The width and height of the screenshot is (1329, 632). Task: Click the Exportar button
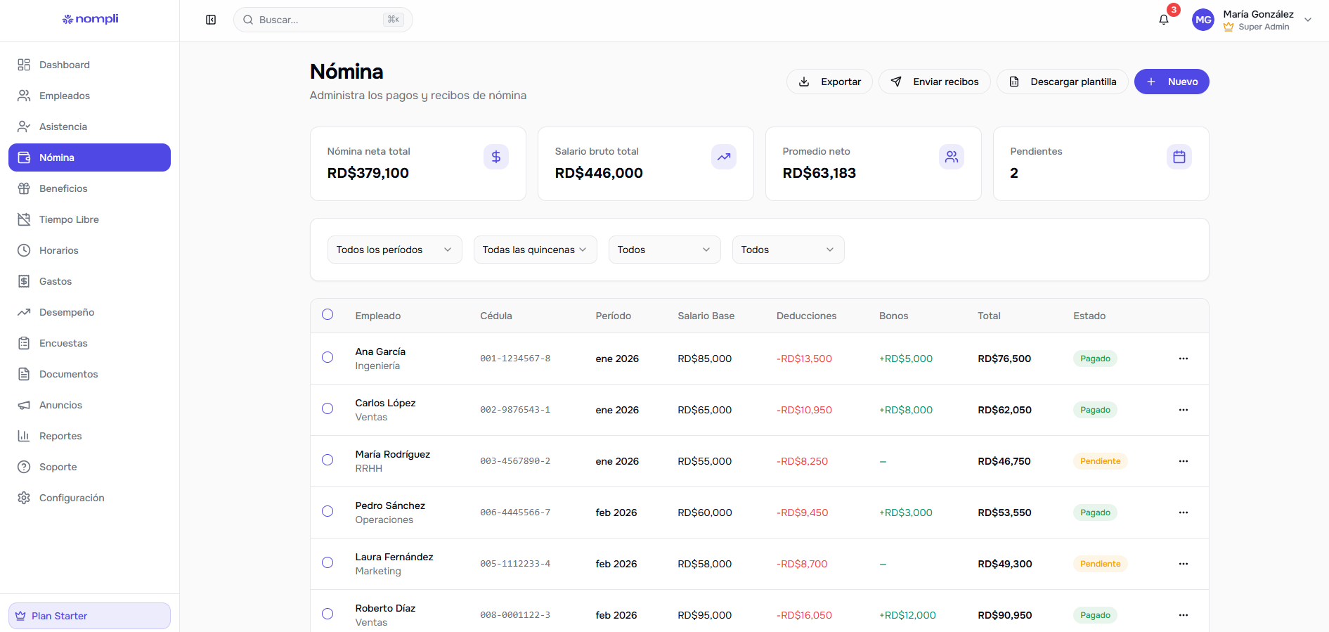pos(829,82)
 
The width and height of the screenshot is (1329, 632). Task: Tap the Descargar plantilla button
pos(1062,82)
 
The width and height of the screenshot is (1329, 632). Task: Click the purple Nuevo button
pos(1171,82)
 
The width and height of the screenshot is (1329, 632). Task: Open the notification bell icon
pos(1164,20)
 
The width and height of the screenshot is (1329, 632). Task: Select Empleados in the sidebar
pos(65,96)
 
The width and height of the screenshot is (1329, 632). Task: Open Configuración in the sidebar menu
pos(72,498)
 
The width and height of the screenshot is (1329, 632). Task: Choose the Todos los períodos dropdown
pos(394,250)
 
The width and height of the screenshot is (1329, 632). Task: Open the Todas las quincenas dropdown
pos(535,250)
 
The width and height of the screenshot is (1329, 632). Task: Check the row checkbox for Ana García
pos(328,357)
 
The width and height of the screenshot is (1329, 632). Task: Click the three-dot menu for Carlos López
pos(1184,410)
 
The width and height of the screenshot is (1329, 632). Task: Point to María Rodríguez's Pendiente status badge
pos(1100,461)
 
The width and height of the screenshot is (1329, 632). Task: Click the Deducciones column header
pos(806,316)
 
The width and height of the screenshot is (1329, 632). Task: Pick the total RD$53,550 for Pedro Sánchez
pos(1004,512)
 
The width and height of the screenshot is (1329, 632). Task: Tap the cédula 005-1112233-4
pos(515,564)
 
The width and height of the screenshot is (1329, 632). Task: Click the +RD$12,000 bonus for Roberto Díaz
pos(907,615)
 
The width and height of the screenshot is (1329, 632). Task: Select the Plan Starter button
pos(89,616)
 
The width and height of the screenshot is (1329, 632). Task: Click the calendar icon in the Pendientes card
pos(1179,157)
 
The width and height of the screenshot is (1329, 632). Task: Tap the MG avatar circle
pos(1203,20)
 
